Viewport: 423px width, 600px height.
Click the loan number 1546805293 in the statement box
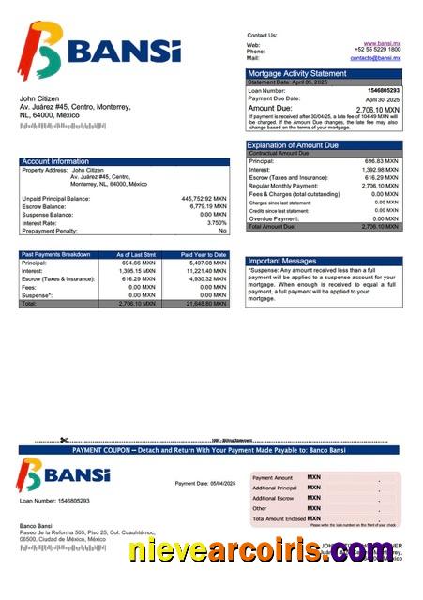tap(381, 90)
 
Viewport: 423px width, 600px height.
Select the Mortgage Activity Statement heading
tap(296, 73)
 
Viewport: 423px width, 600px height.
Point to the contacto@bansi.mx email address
tap(376, 58)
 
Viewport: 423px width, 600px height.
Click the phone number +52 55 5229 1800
tap(378, 51)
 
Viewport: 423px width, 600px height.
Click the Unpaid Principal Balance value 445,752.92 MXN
tap(204, 199)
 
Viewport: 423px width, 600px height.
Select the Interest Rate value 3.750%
tap(217, 222)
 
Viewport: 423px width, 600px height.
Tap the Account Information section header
tap(55, 161)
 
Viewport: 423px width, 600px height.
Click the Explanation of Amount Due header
tap(292, 145)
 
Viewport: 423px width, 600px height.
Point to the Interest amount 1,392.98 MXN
tap(380, 170)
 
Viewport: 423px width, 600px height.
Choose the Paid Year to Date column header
tap(204, 254)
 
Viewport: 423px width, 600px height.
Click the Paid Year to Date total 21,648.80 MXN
tap(205, 305)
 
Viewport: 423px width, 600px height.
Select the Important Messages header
tap(281, 261)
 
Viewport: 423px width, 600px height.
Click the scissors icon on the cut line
tap(64, 440)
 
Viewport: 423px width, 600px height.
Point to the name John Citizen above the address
tap(38, 97)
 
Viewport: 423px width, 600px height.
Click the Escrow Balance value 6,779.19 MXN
tap(206, 206)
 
